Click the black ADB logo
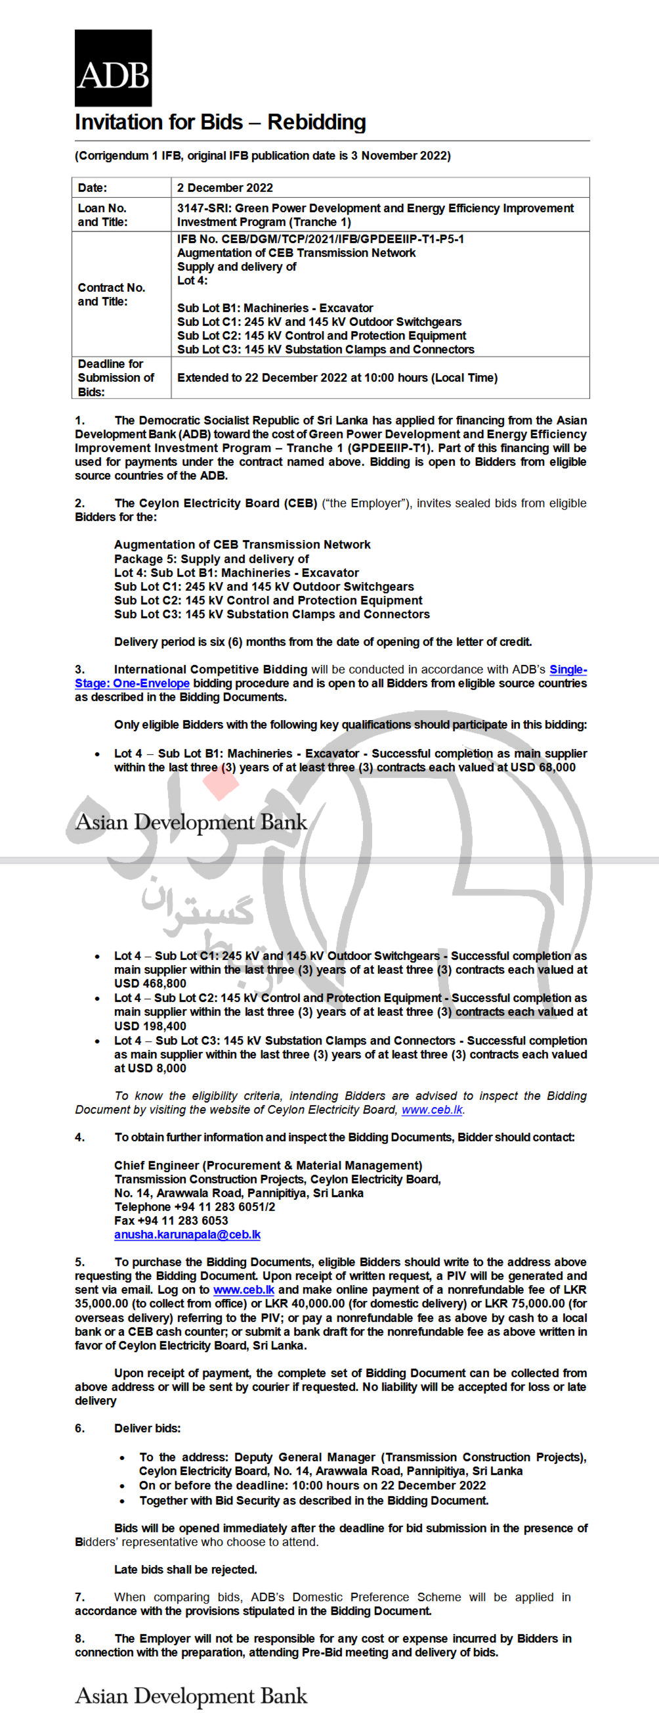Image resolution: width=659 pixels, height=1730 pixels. click(x=113, y=68)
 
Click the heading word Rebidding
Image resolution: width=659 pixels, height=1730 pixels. click(x=317, y=122)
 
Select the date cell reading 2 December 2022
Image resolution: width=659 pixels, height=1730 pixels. click(x=225, y=188)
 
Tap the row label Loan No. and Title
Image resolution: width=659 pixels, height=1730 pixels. click(x=102, y=215)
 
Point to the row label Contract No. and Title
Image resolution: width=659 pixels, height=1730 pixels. click(x=112, y=294)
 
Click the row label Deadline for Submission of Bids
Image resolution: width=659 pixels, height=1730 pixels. click(x=116, y=377)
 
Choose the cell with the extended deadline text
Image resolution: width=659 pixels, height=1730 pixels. click(x=337, y=377)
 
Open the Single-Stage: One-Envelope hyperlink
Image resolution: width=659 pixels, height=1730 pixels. click(x=132, y=683)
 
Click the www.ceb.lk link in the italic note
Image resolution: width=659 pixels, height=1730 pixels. click(x=432, y=1110)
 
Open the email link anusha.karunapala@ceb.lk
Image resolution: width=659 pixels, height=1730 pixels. click(x=187, y=1235)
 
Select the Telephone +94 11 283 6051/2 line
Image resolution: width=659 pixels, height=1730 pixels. click(x=194, y=1207)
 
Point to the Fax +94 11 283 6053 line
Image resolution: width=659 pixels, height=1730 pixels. click(x=171, y=1220)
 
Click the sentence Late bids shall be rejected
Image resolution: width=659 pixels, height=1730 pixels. click(x=186, y=1570)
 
